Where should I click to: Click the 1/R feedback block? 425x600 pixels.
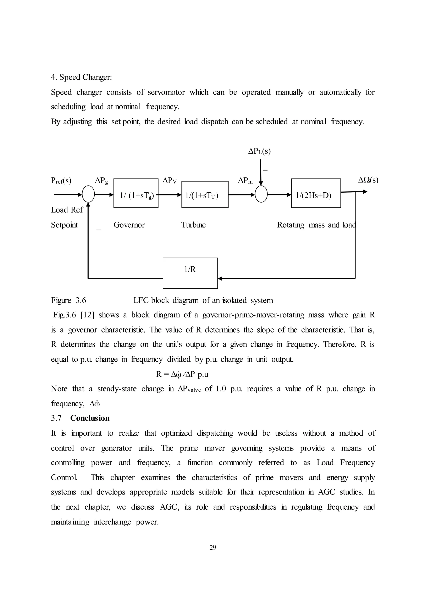[190, 273]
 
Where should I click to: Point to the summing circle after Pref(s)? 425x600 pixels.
[88, 194]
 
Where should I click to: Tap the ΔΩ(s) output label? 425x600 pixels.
[368, 180]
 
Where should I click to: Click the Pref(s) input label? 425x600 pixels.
[61, 181]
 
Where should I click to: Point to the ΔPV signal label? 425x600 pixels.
[169, 180]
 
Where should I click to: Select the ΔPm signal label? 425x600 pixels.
[245, 180]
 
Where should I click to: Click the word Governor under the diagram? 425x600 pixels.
[129, 225]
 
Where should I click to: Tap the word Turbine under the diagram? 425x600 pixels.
[193, 225]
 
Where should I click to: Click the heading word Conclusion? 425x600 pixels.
[90, 418]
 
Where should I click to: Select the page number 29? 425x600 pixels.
[213, 548]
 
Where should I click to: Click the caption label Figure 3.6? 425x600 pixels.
[68, 300]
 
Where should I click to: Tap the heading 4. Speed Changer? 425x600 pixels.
[81, 77]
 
